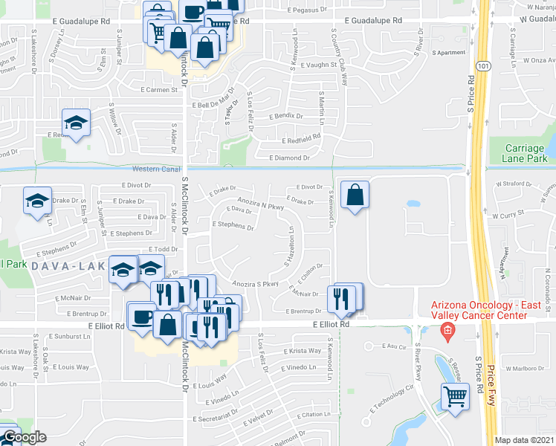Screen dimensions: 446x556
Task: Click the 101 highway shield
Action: click(485, 67)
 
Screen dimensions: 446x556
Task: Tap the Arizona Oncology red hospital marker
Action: click(446, 331)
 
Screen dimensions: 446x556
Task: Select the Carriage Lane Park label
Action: click(524, 153)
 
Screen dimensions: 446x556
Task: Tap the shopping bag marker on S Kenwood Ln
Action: click(355, 195)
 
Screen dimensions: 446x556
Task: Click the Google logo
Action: click(24, 437)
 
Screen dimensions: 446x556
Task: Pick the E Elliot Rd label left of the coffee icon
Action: click(104, 325)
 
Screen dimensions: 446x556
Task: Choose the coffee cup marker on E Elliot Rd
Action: click(141, 315)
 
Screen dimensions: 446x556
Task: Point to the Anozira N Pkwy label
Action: click(261, 202)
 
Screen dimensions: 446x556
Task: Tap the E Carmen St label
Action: click(161, 89)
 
